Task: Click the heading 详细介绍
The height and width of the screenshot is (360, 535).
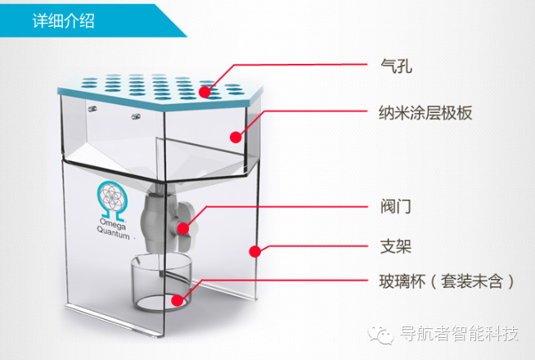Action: click(x=63, y=20)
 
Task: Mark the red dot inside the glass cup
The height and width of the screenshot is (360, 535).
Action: click(x=175, y=299)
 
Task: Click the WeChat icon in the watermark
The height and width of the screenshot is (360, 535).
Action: click(x=383, y=334)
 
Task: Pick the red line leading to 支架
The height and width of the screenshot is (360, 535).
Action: click(x=319, y=246)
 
